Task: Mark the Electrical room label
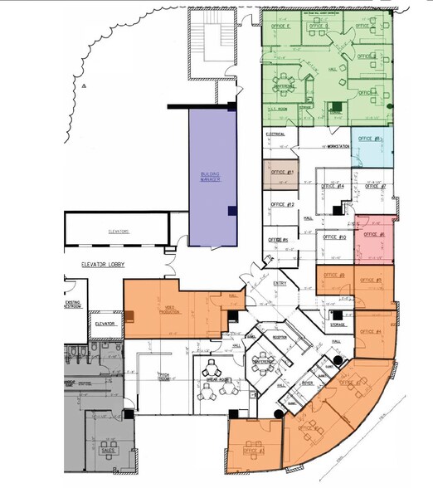click(275, 134)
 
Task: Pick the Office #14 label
click(334, 186)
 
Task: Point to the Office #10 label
click(335, 237)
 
